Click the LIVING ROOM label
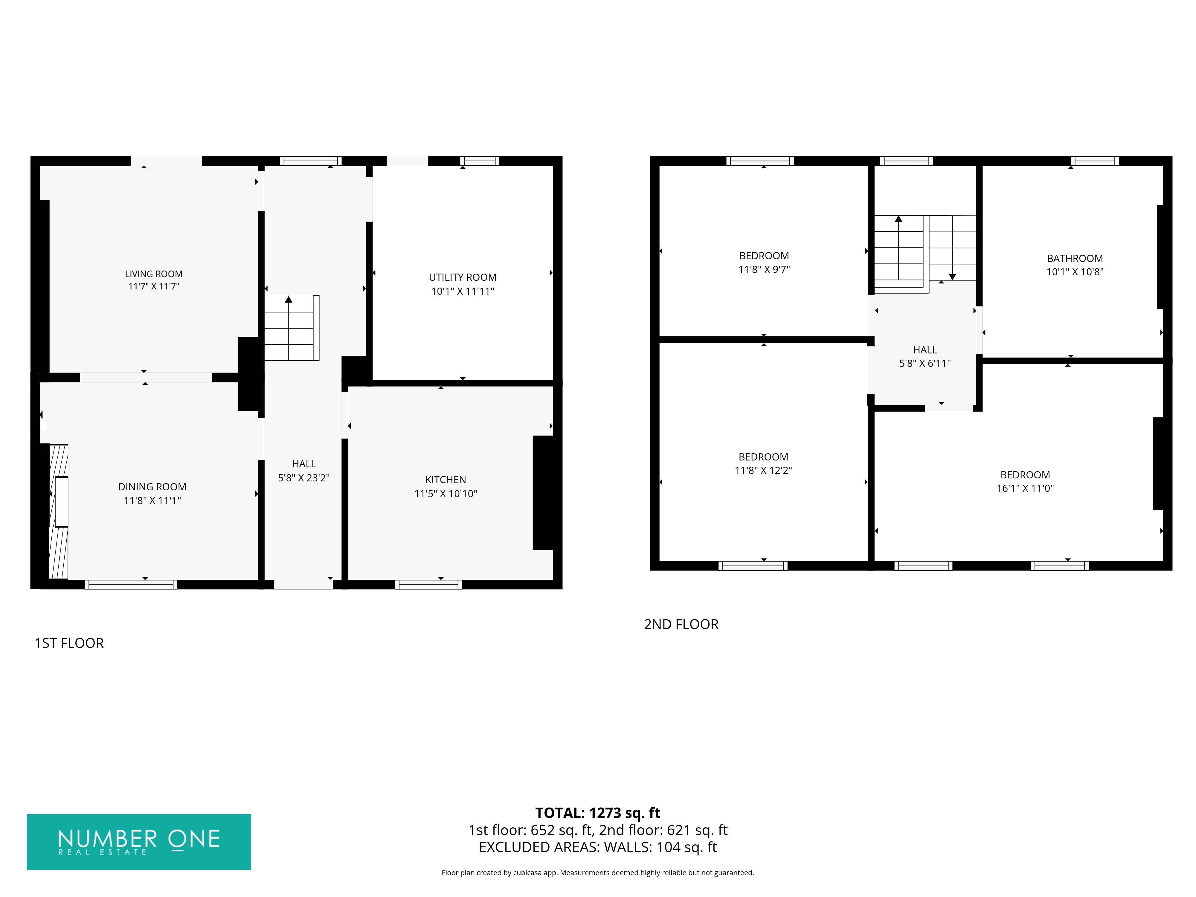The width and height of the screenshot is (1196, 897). pyautogui.click(x=154, y=274)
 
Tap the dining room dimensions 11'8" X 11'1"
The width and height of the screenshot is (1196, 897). pyautogui.click(x=152, y=501)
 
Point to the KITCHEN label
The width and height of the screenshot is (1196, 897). pyautogui.click(x=446, y=480)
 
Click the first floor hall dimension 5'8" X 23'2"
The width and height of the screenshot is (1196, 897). pyautogui.click(x=304, y=478)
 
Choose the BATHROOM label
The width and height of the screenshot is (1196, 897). pyautogui.click(x=1075, y=258)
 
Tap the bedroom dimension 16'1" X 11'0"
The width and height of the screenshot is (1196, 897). pyautogui.click(x=1025, y=488)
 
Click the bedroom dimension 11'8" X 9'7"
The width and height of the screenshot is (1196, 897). pyautogui.click(x=764, y=269)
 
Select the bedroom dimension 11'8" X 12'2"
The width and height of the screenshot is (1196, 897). pyautogui.click(x=763, y=470)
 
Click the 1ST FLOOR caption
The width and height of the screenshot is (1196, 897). pyautogui.click(x=69, y=643)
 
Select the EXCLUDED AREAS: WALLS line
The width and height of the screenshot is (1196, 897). pyautogui.click(x=597, y=847)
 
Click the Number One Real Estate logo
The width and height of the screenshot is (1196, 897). pyautogui.click(x=139, y=842)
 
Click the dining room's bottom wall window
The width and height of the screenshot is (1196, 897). pyautogui.click(x=131, y=585)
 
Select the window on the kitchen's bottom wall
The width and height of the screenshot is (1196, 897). pyautogui.click(x=428, y=585)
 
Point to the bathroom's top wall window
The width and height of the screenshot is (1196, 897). pyautogui.click(x=1095, y=161)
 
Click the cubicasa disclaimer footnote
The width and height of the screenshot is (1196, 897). pyautogui.click(x=597, y=873)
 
